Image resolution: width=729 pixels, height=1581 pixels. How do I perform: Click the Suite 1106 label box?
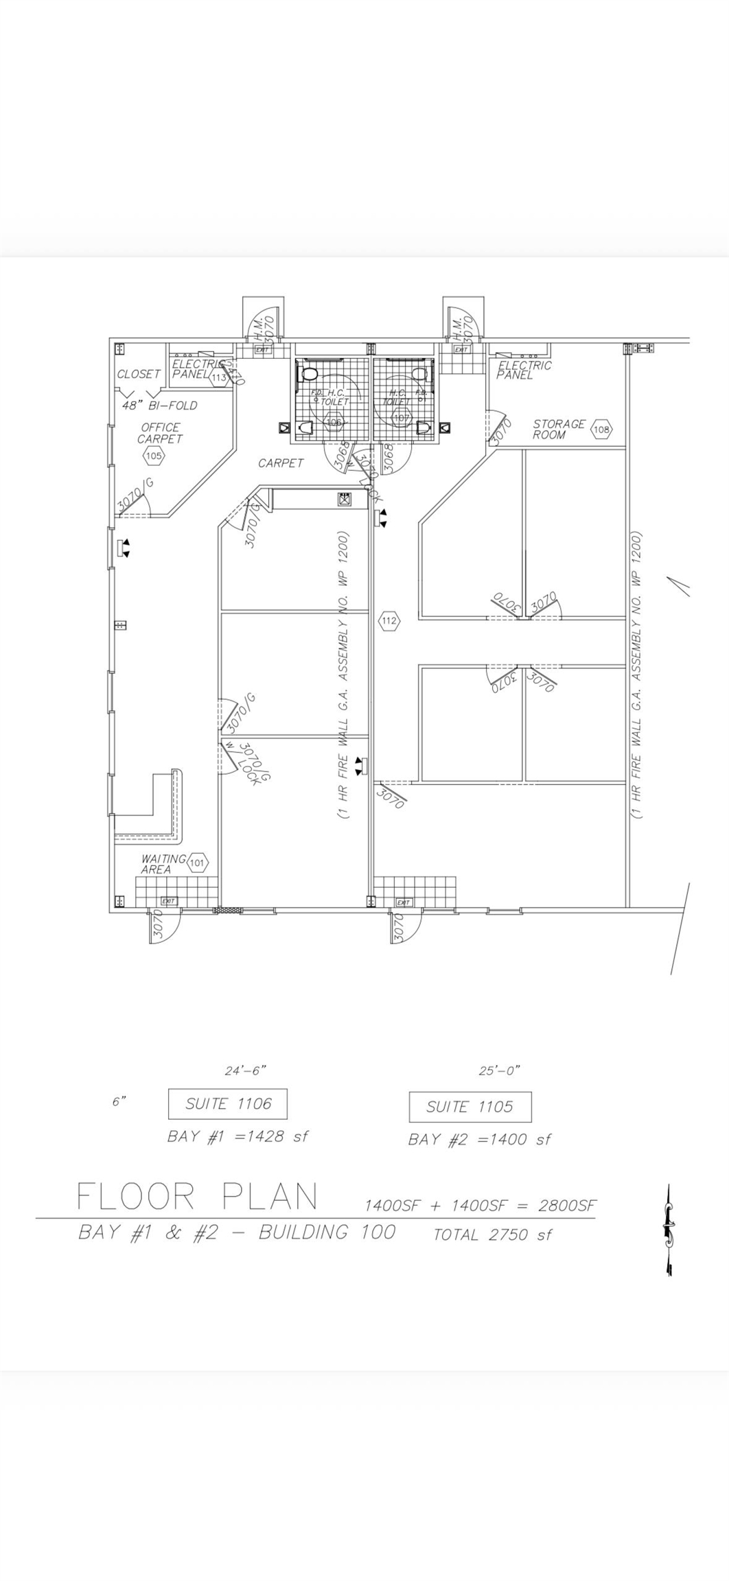point(228,1104)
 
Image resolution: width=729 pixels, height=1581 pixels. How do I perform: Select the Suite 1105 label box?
point(470,1107)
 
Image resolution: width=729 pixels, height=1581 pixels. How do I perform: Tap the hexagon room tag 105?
point(153,455)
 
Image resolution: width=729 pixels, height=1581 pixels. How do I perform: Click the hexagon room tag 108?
point(601,430)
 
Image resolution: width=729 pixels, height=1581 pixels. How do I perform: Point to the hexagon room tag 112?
point(389,621)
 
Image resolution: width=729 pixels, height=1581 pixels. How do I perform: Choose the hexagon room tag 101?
point(198,863)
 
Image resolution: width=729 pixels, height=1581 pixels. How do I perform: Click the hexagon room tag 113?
point(219,377)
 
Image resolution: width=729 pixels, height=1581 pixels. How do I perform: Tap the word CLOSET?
point(139,374)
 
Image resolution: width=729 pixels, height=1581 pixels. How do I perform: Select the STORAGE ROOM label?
point(559,430)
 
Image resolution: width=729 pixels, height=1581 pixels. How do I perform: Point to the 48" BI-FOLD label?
point(159,406)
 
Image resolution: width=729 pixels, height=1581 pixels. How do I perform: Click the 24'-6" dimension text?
point(245,1070)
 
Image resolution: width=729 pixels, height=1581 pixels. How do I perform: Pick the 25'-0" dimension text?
point(499,1070)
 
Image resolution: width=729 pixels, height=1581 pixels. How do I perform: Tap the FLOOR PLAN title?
point(198,1197)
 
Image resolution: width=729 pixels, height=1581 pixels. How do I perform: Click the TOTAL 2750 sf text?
point(492,1235)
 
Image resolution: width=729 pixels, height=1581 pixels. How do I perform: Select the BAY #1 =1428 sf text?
point(238,1136)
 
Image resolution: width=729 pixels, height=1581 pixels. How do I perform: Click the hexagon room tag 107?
point(402,417)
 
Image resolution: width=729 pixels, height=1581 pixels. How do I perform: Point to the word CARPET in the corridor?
point(281,463)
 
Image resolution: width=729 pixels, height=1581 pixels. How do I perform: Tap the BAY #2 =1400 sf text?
point(479,1140)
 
